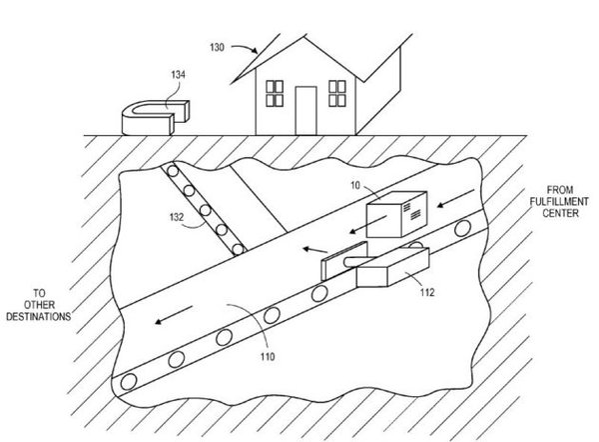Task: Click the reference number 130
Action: coord(217,47)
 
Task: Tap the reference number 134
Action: coord(178,75)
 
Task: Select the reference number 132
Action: coord(177,217)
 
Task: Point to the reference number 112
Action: coord(427,292)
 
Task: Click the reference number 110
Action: coord(268,357)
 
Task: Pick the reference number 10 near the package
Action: coord(355,185)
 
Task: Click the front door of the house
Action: coord(306,111)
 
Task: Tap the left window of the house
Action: coord(275,93)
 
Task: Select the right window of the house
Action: coord(337,93)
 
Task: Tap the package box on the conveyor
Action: coord(396,214)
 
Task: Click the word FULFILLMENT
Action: coord(559,201)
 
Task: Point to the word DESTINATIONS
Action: coord(39,317)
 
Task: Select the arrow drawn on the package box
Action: coord(368,224)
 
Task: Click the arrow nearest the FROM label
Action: coord(456,198)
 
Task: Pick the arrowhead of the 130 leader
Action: coord(255,51)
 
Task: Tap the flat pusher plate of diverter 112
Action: coord(344,260)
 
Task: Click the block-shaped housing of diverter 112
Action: coord(392,267)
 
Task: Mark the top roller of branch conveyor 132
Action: coord(173,171)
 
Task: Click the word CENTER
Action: coord(560,213)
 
